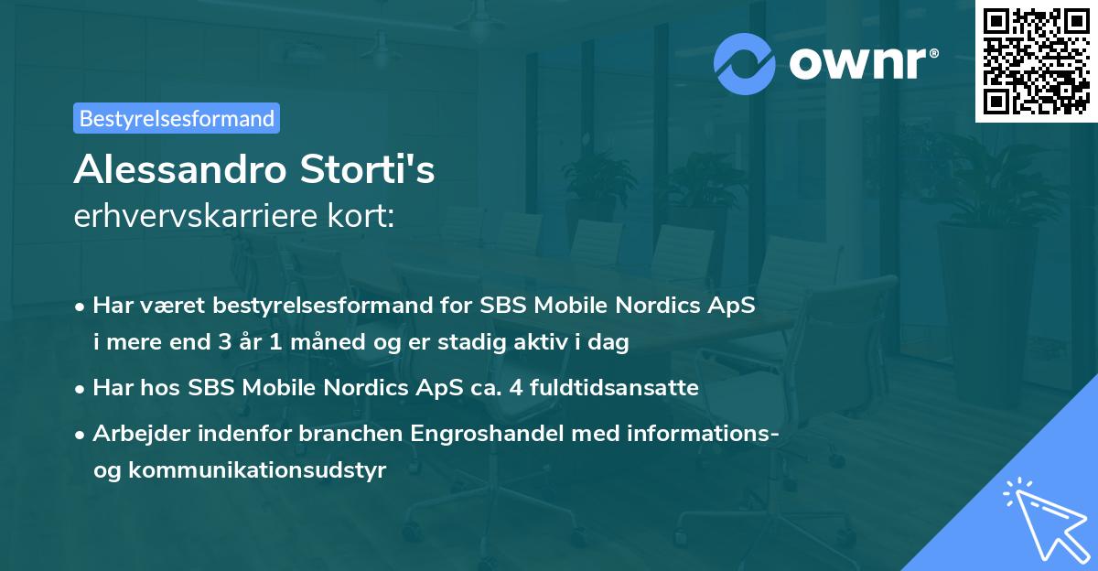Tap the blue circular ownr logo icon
coord(744,63)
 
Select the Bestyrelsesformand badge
coord(177,118)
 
